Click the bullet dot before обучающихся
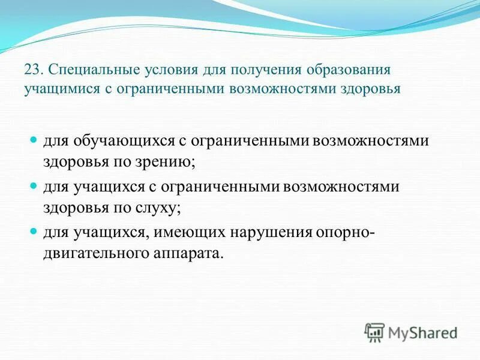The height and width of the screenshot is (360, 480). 34,140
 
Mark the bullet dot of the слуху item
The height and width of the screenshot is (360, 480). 34,186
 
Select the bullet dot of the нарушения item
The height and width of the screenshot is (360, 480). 34,232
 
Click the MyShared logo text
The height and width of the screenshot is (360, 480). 423,332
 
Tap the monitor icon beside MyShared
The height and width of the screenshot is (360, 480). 375,332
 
